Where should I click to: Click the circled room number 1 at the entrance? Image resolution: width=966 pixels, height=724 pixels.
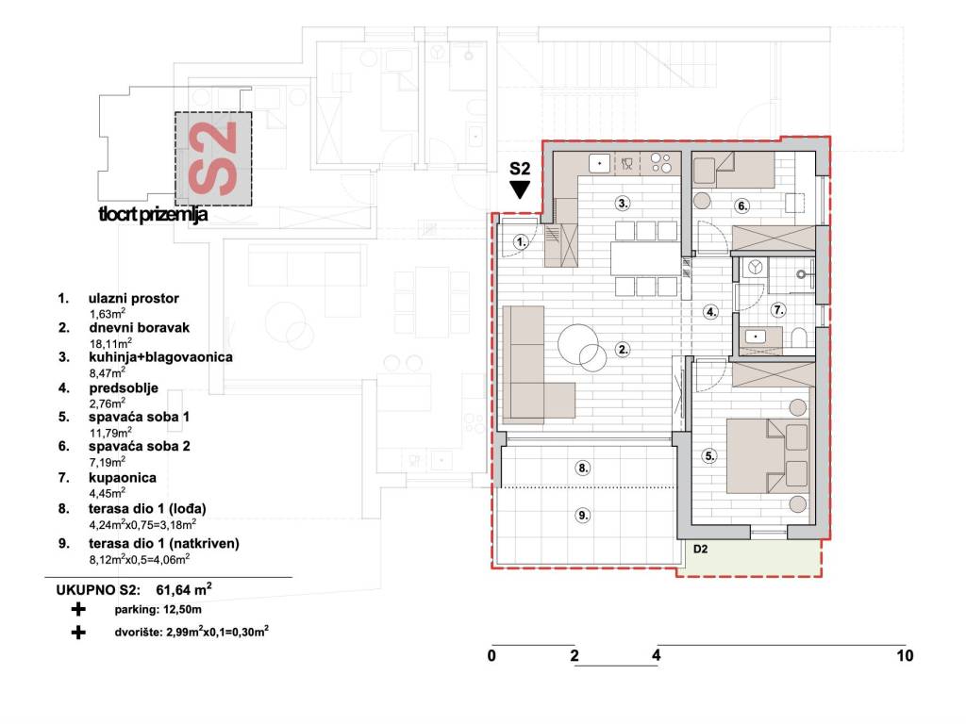(x=521, y=242)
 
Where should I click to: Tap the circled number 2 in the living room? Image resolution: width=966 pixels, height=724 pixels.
(x=623, y=350)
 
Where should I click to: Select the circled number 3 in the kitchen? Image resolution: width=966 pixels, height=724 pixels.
(x=623, y=204)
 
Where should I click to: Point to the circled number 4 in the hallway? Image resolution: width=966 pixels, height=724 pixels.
(x=711, y=311)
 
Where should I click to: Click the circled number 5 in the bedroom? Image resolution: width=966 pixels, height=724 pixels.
(x=709, y=456)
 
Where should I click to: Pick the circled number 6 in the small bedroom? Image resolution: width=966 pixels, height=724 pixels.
(x=742, y=206)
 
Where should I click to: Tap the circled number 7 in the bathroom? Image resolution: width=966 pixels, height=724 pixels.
(x=778, y=309)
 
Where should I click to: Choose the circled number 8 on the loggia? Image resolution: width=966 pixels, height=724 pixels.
(x=583, y=468)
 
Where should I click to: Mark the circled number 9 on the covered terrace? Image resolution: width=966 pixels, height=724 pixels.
(x=583, y=515)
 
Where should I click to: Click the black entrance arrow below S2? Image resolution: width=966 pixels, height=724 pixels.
(x=520, y=189)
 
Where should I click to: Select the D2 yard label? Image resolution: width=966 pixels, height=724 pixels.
(x=701, y=550)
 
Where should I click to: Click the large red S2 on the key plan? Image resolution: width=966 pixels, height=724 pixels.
(x=212, y=158)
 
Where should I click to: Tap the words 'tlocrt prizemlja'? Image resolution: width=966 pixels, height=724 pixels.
(x=153, y=215)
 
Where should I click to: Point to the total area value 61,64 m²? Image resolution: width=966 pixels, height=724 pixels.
(x=184, y=590)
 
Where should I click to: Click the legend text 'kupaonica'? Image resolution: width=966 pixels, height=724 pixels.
(x=122, y=478)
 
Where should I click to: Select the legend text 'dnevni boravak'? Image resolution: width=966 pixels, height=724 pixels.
(x=139, y=327)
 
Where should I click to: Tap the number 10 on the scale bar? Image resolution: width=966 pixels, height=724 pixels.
(x=905, y=656)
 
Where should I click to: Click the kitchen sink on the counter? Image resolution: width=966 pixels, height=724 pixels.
(x=599, y=164)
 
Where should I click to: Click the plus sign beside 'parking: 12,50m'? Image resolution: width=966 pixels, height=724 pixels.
(x=78, y=610)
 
